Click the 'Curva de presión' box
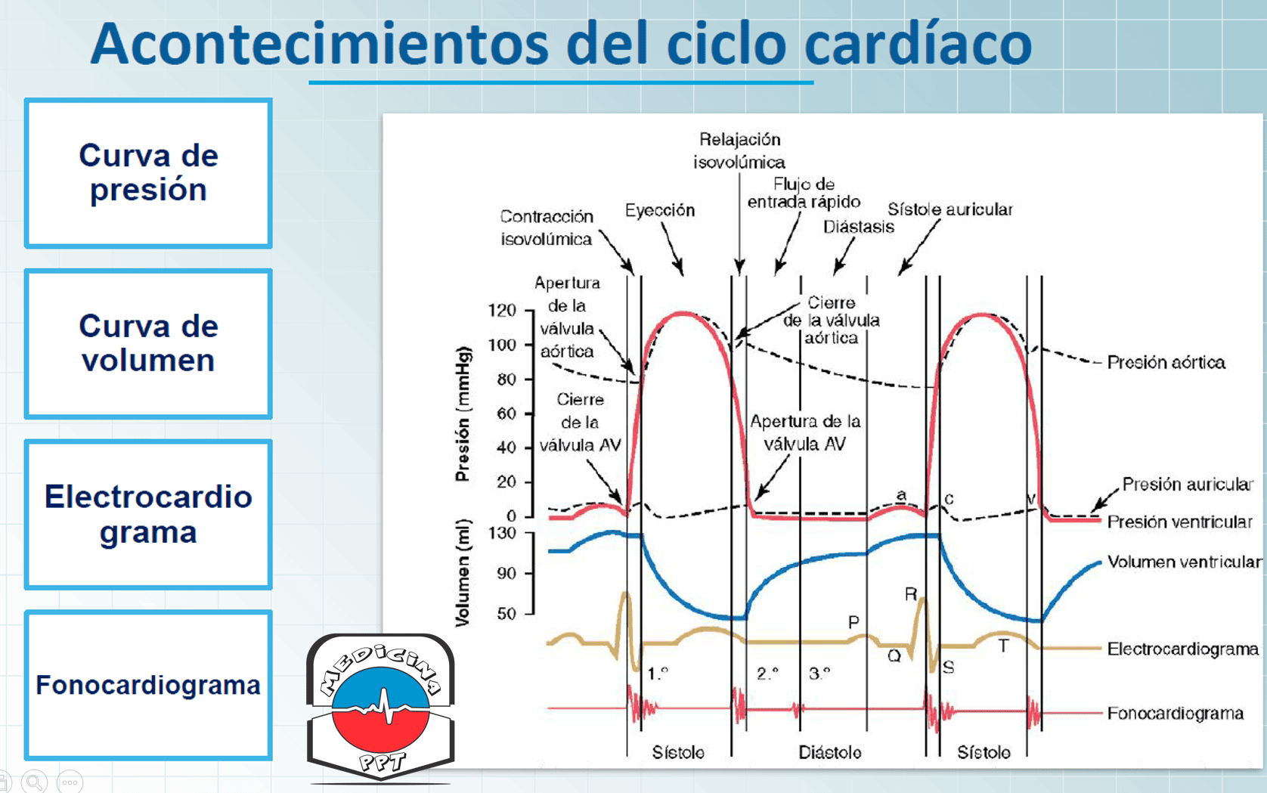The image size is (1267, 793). pyautogui.click(x=148, y=173)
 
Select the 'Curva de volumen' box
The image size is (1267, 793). pyautogui.click(x=148, y=344)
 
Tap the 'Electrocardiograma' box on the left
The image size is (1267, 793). pyautogui.click(x=148, y=515)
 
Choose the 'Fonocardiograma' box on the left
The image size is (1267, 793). pyautogui.click(x=148, y=685)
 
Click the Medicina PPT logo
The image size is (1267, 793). pyautogui.click(x=381, y=707)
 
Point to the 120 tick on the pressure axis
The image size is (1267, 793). pyautogui.click(x=502, y=311)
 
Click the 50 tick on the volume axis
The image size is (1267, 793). pyautogui.click(x=506, y=614)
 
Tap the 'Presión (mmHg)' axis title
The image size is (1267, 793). pyautogui.click(x=463, y=414)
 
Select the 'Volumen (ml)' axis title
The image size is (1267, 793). pyautogui.click(x=463, y=572)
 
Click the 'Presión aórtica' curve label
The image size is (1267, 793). pyautogui.click(x=1166, y=362)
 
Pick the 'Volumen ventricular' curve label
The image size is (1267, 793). pyautogui.click(x=1185, y=562)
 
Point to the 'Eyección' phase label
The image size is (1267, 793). pyautogui.click(x=659, y=210)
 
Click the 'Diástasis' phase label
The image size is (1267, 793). pyautogui.click(x=859, y=227)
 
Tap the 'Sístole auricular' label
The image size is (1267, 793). pyautogui.click(x=950, y=209)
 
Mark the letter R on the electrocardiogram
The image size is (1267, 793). pyautogui.click(x=911, y=594)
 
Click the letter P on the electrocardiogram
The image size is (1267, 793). pyautogui.click(x=853, y=622)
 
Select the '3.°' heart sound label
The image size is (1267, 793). pyautogui.click(x=819, y=673)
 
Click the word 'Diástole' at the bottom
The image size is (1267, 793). pyautogui.click(x=830, y=752)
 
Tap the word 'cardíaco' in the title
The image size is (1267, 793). pyautogui.click(x=918, y=44)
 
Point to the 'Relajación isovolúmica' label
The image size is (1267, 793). pyautogui.click(x=739, y=150)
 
